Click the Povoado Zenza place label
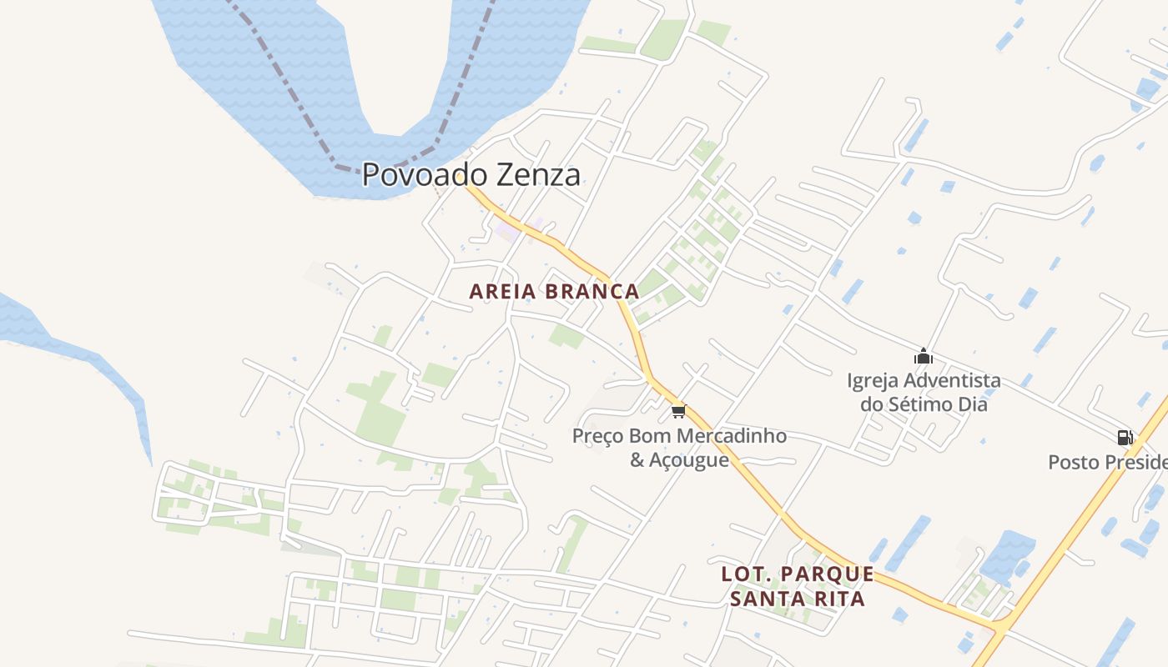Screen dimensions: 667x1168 471,175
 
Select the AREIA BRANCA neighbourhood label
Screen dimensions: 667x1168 554,292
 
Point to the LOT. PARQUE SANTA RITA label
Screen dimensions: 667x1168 798,586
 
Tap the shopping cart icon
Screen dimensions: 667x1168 678,411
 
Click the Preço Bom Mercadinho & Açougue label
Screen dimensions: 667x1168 679,448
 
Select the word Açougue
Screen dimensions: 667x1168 690,459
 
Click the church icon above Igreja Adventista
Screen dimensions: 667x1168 923,357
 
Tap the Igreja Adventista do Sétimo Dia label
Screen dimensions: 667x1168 924,393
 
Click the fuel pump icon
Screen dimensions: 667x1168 1125,437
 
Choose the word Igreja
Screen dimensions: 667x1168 873,381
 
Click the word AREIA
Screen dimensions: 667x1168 501,292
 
